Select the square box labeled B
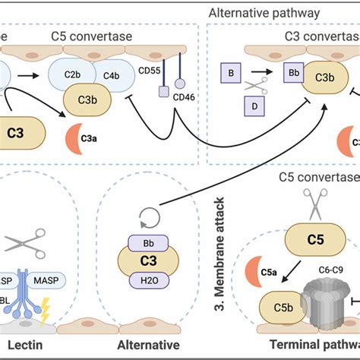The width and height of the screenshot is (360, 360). [x=229, y=74]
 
